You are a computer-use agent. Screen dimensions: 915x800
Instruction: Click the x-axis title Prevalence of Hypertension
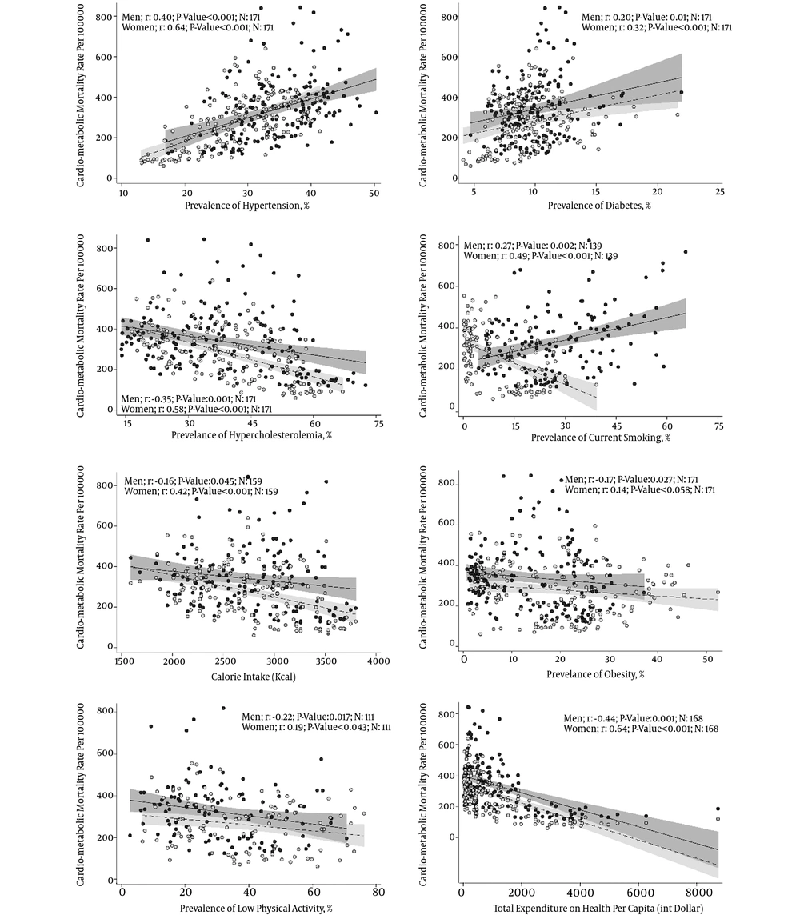[x=248, y=206]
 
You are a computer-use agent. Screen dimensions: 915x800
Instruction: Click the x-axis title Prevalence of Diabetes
[x=599, y=206]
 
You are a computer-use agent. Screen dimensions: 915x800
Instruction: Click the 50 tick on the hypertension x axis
[x=374, y=194]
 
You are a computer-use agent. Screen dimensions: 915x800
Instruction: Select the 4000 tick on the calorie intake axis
[x=378, y=662]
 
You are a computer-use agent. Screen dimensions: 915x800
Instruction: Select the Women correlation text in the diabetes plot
[x=656, y=27]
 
